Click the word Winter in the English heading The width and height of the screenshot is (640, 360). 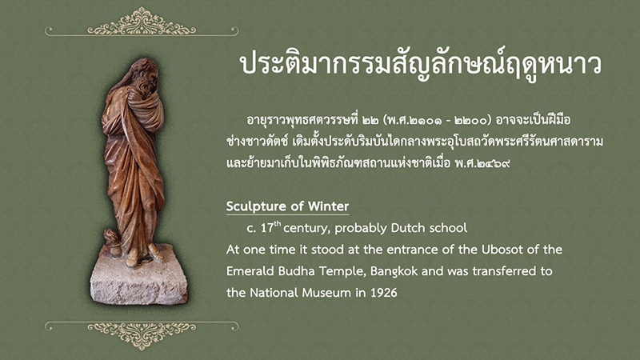[329, 206]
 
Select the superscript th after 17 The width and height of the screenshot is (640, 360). [278, 223]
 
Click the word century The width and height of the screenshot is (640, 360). [306, 229]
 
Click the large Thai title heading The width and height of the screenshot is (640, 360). [421, 66]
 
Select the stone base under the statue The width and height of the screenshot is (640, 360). [139, 276]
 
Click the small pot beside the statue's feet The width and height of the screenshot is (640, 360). [112, 241]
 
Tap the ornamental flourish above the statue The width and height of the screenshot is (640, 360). [142, 22]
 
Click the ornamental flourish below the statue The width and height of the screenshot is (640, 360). [142, 334]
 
